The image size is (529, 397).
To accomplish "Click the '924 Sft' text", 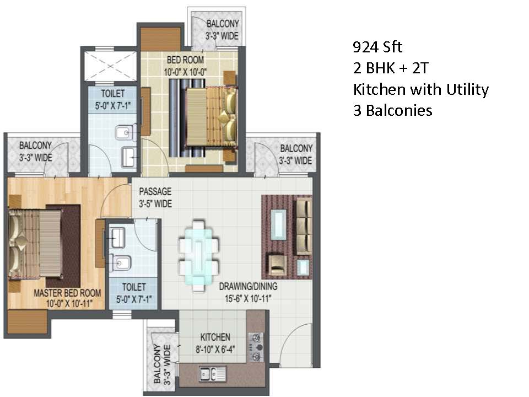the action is pos(377,47).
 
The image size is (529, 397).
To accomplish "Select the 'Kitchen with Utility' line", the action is pos(420,89).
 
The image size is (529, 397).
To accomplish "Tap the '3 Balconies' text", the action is pos(392,110).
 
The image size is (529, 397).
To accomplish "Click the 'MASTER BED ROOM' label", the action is pos(67,293).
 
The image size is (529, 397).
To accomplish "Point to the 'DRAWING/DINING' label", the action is pos(249,286).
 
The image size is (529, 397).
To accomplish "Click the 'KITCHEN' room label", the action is pos(215,337).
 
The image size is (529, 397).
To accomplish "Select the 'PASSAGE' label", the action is pos(155,191).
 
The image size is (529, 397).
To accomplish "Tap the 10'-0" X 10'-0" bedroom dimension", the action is pos(185,72).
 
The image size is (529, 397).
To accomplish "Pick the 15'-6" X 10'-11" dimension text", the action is pos(249,298).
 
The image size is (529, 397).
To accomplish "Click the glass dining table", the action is pos(199,255).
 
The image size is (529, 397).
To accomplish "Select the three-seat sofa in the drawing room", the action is pos(304,227).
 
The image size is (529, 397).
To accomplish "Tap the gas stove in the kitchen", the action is pos(256,347).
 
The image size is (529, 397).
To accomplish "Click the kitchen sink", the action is pos(212,374).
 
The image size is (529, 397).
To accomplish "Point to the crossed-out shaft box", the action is pos(110,66).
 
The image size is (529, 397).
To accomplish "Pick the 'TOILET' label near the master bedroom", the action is pos(134,287).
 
